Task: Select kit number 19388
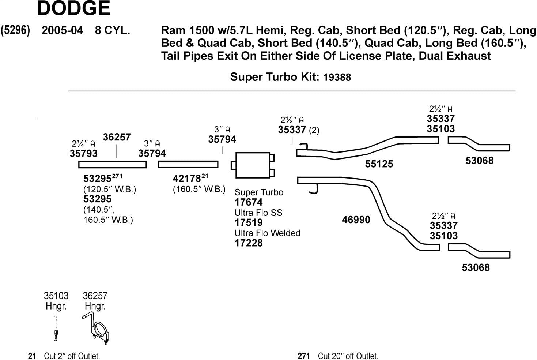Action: click(337, 77)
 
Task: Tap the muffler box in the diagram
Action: click(253, 165)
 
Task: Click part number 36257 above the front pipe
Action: click(117, 137)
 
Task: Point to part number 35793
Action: click(83, 153)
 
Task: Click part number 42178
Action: click(187, 179)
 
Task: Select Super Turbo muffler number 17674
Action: click(249, 202)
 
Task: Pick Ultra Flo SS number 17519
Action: click(249, 223)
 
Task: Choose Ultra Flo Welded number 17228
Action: click(249, 243)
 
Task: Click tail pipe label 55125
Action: click(379, 164)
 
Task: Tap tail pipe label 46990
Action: click(356, 220)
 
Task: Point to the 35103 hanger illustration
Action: click(56, 328)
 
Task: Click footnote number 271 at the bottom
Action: click(303, 356)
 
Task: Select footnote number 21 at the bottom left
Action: click(32, 356)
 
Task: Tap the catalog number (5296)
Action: click(15, 30)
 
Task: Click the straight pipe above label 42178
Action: click(188, 164)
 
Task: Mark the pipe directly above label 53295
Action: click(113, 164)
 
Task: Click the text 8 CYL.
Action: click(113, 30)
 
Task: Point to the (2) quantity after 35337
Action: click(314, 131)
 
